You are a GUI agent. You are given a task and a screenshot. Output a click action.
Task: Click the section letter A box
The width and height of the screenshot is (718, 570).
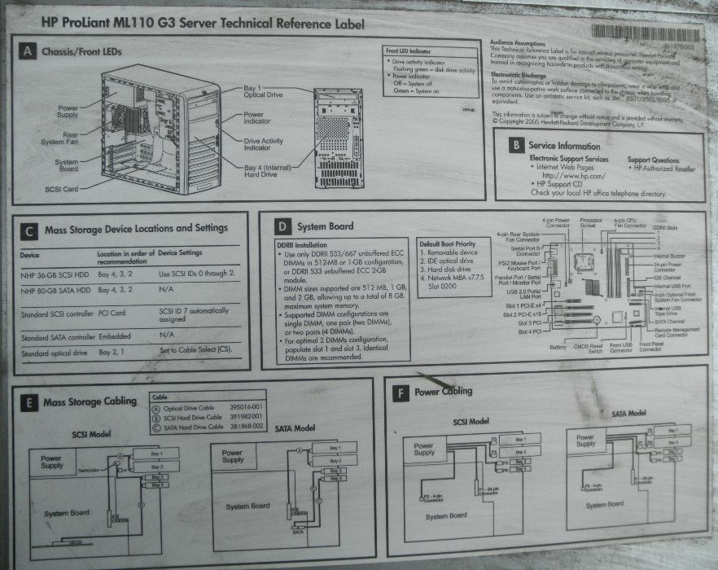27,52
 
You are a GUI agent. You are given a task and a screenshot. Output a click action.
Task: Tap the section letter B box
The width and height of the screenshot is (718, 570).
514,146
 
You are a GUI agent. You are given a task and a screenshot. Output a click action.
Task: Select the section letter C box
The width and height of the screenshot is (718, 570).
29,231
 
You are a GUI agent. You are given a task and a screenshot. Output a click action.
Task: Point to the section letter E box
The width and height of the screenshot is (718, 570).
28,402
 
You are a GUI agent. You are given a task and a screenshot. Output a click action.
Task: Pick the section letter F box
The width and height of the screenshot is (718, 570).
400,392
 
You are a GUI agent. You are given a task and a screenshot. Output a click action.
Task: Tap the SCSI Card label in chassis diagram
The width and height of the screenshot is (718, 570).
62,189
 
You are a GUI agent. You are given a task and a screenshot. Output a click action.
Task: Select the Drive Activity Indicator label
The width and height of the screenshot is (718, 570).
263,144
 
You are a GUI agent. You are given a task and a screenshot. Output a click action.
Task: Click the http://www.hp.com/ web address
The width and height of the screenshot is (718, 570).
574,176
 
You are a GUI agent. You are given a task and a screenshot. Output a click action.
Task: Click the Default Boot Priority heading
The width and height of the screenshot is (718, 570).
447,243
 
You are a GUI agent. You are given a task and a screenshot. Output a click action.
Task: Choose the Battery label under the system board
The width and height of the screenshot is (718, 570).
558,347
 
